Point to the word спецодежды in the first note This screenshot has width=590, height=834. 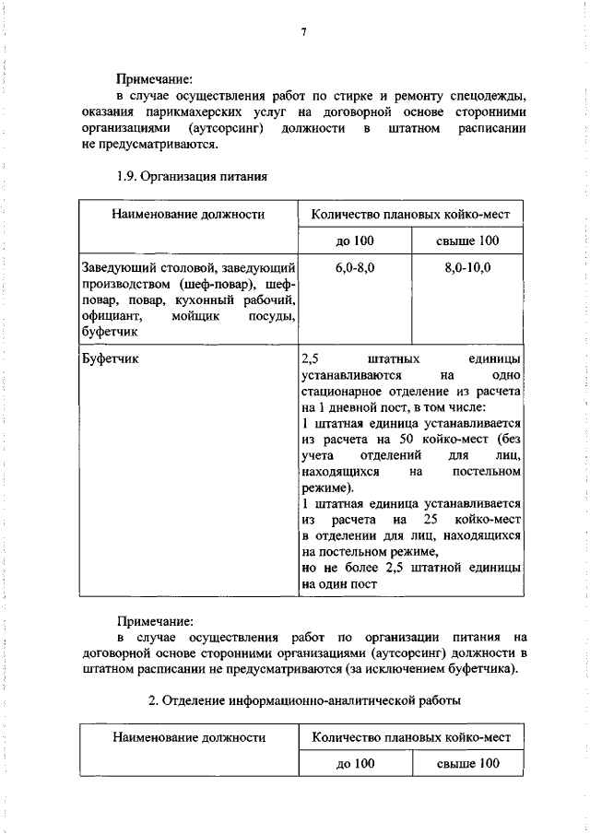[x=487, y=96]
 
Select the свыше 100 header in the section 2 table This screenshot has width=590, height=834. [x=467, y=763]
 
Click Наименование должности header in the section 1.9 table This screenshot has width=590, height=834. [x=189, y=215]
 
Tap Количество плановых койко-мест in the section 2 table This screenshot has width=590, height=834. [x=411, y=737]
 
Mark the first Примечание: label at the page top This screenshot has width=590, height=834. [x=154, y=79]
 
